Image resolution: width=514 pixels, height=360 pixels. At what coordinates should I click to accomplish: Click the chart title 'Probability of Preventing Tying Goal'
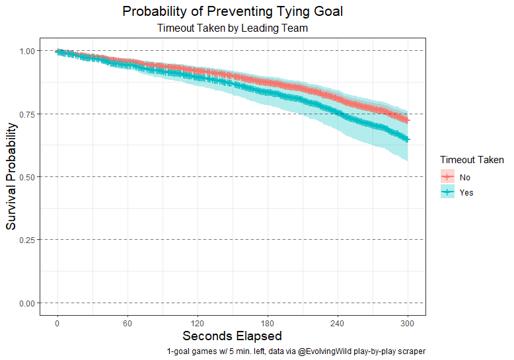click(x=233, y=12)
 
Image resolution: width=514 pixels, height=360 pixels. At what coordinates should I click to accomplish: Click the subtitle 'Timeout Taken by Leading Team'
click(x=233, y=28)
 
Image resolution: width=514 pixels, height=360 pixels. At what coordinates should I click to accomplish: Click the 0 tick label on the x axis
click(x=57, y=323)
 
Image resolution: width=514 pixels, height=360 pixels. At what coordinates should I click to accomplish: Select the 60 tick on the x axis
click(x=128, y=323)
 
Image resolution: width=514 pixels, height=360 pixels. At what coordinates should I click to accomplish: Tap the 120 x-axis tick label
click(x=198, y=323)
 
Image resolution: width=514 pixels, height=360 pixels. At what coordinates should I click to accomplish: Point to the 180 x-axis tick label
click(x=268, y=323)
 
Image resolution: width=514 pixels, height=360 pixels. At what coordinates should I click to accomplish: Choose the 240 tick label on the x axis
click(x=338, y=323)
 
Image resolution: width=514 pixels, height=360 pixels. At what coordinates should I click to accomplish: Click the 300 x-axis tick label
click(x=408, y=323)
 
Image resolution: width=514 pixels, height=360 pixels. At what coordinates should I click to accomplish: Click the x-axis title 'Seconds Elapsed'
click(x=233, y=336)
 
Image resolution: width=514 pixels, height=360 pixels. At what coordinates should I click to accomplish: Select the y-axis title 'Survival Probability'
click(x=11, y=176)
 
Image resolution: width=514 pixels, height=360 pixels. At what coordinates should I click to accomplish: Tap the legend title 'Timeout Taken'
click(x=472, y=160)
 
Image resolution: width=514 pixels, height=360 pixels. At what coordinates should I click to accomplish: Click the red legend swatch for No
click(x=447, y=176)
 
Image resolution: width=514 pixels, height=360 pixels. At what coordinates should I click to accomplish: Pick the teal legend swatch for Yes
click(x=447, y=192)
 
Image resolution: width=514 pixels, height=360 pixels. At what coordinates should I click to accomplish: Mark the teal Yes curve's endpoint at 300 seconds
click(x=408, y=139)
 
